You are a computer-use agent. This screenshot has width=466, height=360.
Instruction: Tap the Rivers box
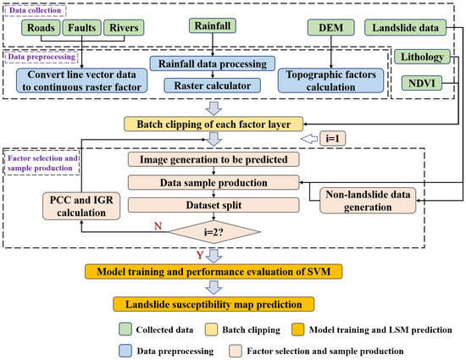click(x=121, y=26)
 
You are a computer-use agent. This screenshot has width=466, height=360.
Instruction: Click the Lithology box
click(x=424, y=58)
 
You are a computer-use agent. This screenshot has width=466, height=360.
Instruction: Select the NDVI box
click(x=424, y=83)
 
